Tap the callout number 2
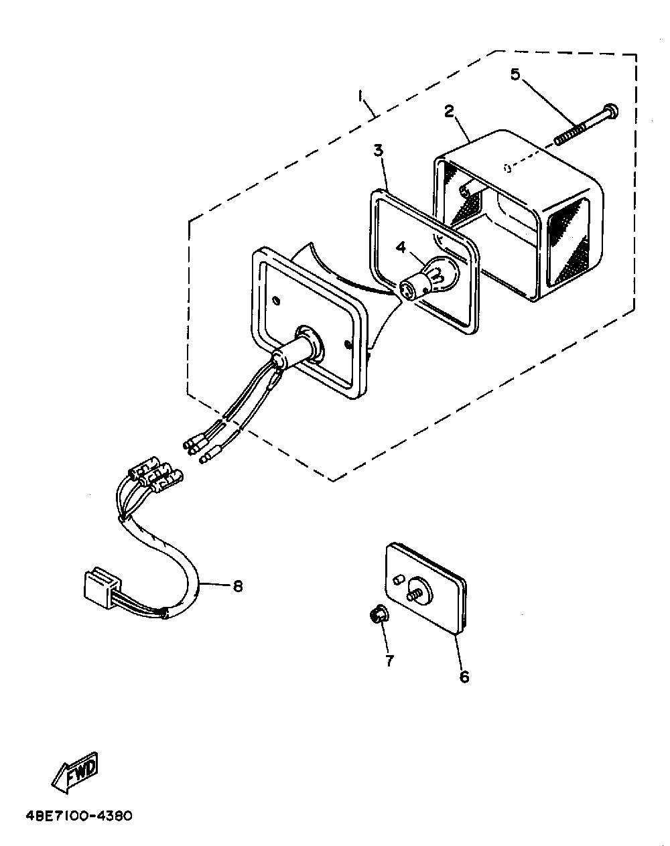(x=450, y=111)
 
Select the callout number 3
(x=379, y=150)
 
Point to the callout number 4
(x=401, y=248)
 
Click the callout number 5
(x=515, y=74)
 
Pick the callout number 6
(x=464, y=677)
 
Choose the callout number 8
(x=237, y=587)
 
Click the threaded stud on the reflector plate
(x=413, y=596)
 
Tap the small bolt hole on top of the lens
(x=508, y=168)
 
